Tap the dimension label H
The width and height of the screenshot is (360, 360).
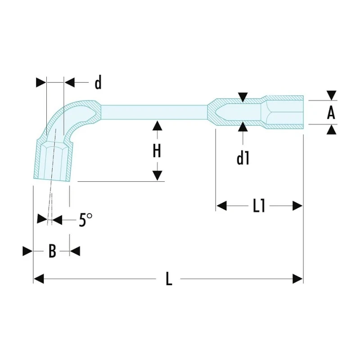click(x=157, y=151)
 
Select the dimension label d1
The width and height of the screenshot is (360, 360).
click(x=243, y=158)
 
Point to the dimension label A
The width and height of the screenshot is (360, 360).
click(x=331, y=112)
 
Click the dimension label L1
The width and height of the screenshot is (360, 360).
click(x=259, y=206)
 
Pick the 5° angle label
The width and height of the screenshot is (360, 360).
click(x=85, y=220)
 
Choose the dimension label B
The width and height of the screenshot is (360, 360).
click(x=52, y=251)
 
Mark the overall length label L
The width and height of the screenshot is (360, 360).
click(x=169, y=279)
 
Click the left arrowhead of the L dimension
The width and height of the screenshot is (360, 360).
click(x=39, y=279)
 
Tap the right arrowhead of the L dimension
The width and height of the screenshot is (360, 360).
click(x=298, y=279)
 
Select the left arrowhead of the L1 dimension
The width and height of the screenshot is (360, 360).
click(x=221, y=206)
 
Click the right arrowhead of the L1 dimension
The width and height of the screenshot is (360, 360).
click(x=297, y=206)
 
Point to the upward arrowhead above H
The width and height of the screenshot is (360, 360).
click(x=157, y=126)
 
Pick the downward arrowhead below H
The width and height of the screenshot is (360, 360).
click(x=157, y=175)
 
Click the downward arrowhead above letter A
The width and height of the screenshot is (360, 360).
click(x=332, y=95)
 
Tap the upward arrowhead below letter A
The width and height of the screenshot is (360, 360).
click(x=332, y=130)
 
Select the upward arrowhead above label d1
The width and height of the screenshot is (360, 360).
click(x=243, y=127)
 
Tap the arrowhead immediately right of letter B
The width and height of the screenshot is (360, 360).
click(x=75, y=251)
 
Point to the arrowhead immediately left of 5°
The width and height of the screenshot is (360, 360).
click(x=42, y=219)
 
